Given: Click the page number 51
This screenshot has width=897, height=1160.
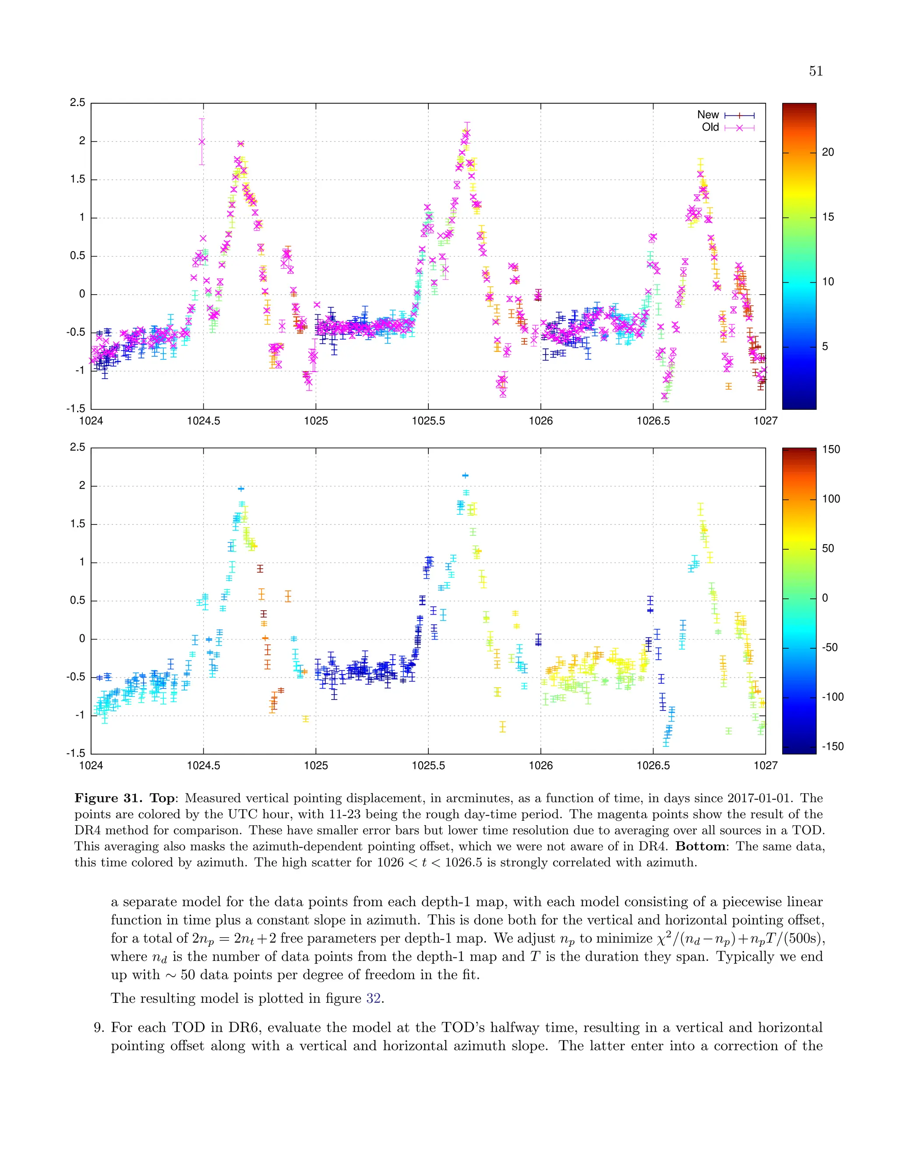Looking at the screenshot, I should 816,71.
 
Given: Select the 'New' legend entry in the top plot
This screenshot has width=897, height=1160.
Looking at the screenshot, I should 708,115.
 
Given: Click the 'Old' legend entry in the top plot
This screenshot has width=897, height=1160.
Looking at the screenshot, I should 710,127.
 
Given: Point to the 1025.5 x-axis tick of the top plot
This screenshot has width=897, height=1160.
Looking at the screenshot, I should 428,421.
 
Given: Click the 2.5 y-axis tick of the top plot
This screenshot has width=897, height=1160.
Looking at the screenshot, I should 78,103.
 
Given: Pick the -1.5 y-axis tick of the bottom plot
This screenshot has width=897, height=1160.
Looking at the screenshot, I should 76,754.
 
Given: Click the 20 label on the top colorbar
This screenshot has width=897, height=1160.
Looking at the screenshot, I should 828,152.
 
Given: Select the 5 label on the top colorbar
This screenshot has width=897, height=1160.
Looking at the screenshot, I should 825,347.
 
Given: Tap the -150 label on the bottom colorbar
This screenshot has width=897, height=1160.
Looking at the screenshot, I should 832,747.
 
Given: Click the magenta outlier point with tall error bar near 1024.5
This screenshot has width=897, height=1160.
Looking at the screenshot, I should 202,141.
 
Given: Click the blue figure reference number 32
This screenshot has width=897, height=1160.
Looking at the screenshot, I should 374,998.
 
